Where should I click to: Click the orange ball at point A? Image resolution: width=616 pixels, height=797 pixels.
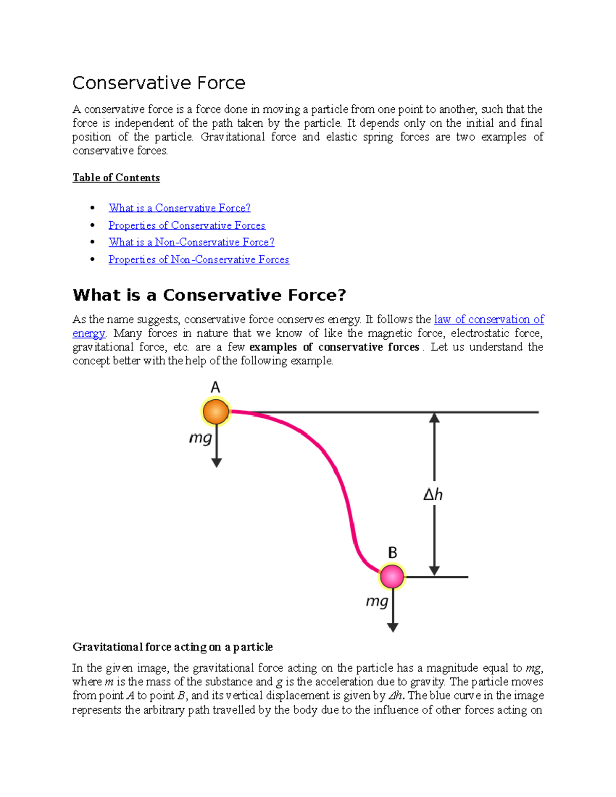tap(216, 412)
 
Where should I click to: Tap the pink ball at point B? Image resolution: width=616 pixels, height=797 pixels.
tap(392, 576)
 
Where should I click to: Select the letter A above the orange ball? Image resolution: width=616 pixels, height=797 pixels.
tap(216, 387)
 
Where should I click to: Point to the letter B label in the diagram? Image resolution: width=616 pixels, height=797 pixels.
tap(393, 553)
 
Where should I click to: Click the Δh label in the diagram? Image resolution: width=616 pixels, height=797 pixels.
tap(433, 494)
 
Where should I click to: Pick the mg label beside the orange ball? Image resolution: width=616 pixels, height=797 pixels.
tap(200, 438)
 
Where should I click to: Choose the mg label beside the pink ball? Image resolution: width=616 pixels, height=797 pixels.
tap(377, 601)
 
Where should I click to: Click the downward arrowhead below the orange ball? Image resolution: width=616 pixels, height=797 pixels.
tap(217, 462)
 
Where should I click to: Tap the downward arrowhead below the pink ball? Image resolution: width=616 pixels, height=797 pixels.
tap(393, 627)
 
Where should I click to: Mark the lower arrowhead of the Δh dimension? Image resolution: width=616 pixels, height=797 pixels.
tap(434, 570)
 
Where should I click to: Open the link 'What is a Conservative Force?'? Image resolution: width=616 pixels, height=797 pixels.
tap(179, 208)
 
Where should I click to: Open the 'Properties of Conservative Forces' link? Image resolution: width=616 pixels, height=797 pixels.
tap(187, 225)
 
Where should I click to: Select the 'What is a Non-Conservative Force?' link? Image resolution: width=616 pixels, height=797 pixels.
tap(191, 242)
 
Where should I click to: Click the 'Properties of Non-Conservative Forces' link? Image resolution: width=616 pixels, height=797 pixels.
tap(199, 260)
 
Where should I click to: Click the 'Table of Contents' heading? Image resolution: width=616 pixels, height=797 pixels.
tap(116, 178)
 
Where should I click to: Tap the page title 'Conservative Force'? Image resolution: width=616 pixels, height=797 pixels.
tap(159, 83)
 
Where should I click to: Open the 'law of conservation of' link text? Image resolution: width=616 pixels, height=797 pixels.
tap(489, 319)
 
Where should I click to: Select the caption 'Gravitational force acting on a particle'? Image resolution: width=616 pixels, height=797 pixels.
tap(172, 647)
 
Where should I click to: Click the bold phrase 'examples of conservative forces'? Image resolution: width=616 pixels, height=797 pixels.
tap(334, 347)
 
